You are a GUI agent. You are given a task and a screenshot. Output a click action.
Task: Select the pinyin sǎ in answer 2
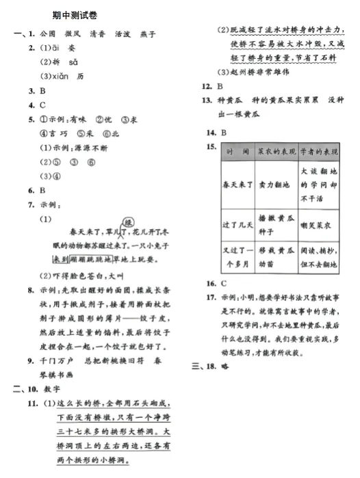[x=74, y=62]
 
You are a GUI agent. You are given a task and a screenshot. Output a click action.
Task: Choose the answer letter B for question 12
[x=220, y=87]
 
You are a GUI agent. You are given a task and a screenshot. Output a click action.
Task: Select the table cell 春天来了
[x=237, y=185]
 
